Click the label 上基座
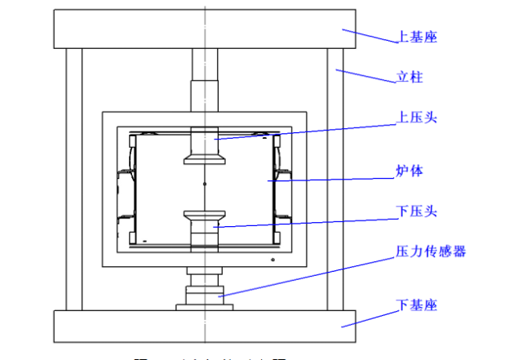point(418,38)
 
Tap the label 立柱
point(409,79)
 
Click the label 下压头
point(418,211)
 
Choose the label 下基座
point(418,305)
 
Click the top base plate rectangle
point(204,28)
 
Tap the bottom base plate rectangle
point(204,327)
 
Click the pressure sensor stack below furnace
point(203,290)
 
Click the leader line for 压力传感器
point(310,274)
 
